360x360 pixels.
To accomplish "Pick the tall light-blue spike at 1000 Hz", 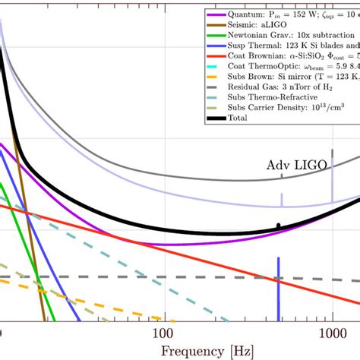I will (x=332, y=178).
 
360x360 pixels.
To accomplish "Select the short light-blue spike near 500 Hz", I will (x=281, y=200).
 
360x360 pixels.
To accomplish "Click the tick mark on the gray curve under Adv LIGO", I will (x=281, y=176).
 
